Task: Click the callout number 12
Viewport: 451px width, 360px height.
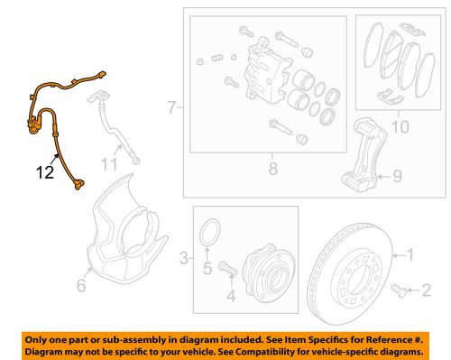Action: pyautogui.click(x=43, y=167)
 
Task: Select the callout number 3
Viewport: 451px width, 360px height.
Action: pyautogui.click(x=183, y=259)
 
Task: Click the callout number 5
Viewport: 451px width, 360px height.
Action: pyautogui.click(x=207, y=266)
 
